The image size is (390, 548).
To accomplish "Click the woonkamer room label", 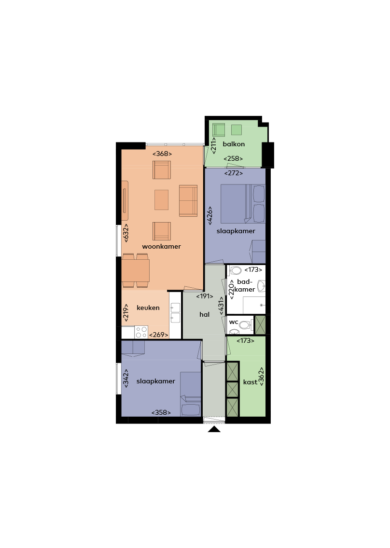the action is (161, 246).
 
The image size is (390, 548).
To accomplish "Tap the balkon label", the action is (234, 144).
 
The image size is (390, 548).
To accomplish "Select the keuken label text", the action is (148, 308).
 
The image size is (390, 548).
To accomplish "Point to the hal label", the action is (205, 314).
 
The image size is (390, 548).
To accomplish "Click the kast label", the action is (250, 382).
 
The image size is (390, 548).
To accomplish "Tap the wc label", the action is (234, 322).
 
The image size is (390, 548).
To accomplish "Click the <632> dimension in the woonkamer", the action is (126, 233).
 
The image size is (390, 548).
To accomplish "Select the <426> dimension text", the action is (209, 216).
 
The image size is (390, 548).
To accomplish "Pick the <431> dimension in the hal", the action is (221, 306).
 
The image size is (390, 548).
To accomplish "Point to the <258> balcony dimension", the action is (233, 158).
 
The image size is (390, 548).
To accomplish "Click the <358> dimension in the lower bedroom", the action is (161, 412).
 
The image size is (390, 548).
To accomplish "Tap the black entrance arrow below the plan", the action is (214, 429).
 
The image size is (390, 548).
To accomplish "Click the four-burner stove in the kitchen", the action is (141, 332).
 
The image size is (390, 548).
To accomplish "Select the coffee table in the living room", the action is (161, 200).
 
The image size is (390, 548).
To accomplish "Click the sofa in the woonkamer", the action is (188, 200).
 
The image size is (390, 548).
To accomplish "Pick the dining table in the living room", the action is (136, 270).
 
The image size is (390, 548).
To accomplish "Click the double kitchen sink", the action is (175, 313).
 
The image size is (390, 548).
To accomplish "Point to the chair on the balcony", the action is (219, 130).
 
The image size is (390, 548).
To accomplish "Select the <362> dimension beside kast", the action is (262, 376).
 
